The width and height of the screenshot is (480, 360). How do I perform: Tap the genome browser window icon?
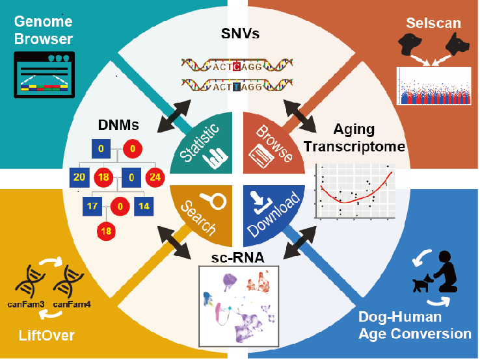44,75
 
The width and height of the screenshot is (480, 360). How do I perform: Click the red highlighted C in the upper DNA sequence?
239,66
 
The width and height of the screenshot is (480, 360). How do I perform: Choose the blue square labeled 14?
143,207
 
